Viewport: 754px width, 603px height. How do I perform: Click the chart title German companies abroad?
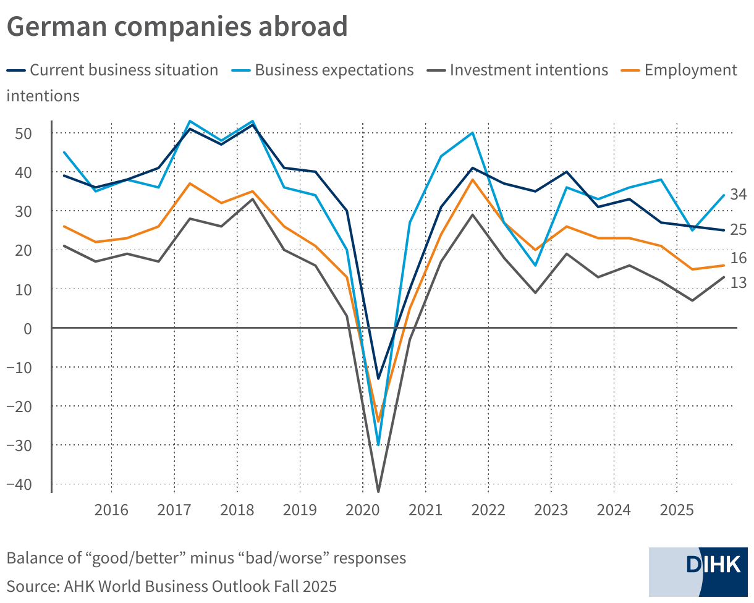(x=177, y=27)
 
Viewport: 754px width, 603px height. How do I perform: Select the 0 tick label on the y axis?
(x=28, y=328)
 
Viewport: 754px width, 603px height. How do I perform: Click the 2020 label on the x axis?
(x=362, y=511)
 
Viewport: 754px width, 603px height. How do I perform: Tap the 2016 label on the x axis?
(x=111, y=511)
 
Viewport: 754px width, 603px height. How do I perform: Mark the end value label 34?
(x=739, y=195)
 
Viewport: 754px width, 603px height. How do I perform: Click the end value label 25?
(x=739, y=230)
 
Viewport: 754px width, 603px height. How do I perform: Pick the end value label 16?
(x=739, y=258)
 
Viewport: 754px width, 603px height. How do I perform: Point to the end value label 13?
(x=739, y=282)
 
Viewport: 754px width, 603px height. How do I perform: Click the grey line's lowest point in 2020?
(x=378, y=491)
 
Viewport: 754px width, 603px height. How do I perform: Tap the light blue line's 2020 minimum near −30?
(x=378, y=444)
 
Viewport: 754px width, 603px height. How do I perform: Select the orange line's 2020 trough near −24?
(x=378, y=421)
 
